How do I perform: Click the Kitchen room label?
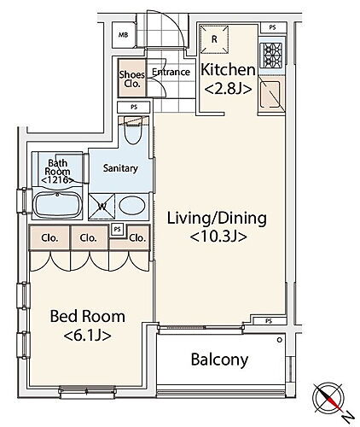tap(228, 70)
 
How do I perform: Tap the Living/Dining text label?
tap(217, 219)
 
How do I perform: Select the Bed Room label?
tap(88, 317)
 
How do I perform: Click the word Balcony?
tap(219, 360)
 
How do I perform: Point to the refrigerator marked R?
tap(214, 39)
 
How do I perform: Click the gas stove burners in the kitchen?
tap(271, 56)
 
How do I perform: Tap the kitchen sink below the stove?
tap(270, 95)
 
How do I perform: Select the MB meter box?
tap(123, 35)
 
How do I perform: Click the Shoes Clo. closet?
tap(132, 78)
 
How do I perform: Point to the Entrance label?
tap(171, 72)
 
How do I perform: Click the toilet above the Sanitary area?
tap(133, 131)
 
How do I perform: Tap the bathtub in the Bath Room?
tap(57, 205)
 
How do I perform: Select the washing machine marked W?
tap(102, 207)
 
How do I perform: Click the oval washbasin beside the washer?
tap(132, 206)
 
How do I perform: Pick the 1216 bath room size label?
tap(58, 180)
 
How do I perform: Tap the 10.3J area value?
tap(218, 237)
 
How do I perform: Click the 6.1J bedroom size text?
tap(87, 336)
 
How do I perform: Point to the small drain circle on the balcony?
tap(280, 340)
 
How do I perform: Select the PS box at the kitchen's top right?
tap(272, 27)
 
